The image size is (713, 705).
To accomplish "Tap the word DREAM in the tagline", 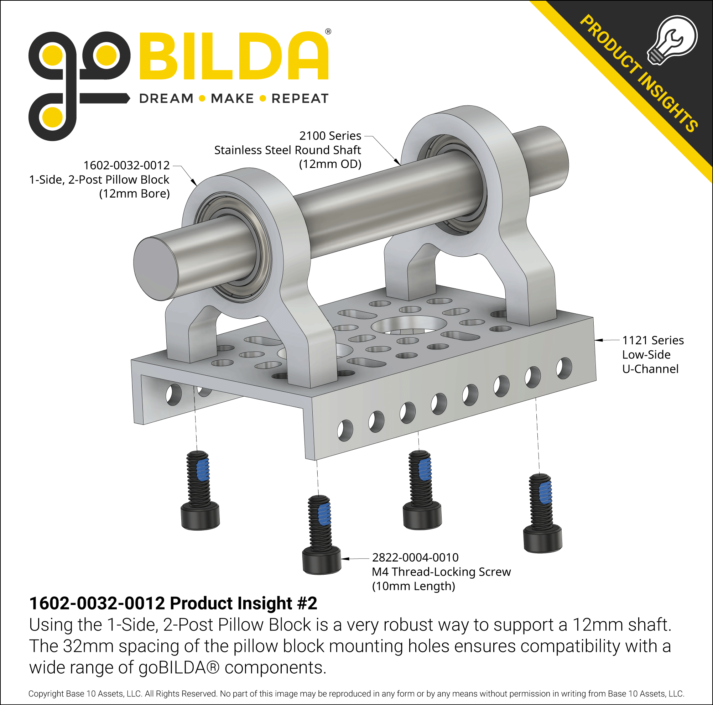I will tap(166, 99).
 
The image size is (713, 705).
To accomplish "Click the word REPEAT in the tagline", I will tap(300, 99).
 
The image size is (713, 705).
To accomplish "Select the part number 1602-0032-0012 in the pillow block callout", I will tap(126, 165).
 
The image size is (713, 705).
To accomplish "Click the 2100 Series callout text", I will tap(330, 136).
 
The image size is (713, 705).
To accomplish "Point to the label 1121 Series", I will tap(652, 340).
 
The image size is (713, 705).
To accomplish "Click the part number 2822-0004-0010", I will tap(415, 557).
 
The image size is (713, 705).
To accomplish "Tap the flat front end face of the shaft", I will tap(155, 268).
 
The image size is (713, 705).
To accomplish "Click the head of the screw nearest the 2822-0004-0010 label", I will tap(322, 560).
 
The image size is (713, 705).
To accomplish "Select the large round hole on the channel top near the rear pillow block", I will tap(408, 326).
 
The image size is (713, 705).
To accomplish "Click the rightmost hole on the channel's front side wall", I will tap(563, 368).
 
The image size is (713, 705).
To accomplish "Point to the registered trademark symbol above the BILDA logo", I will tap(328, 32).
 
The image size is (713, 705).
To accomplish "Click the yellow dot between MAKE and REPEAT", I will tap(263, 99).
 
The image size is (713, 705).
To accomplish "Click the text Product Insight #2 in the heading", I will tap(243, 604).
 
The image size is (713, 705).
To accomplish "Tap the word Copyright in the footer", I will tap(46, 694).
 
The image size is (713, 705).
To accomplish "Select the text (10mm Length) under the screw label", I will tap(413, 586).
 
